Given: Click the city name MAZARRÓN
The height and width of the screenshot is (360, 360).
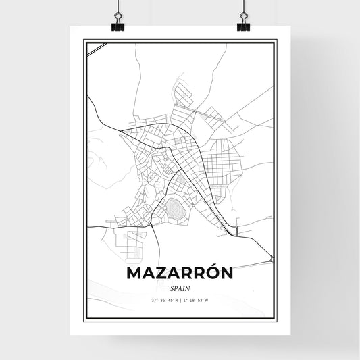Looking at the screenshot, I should tap(180, 273).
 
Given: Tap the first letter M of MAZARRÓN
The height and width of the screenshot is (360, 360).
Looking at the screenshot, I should tap(133, 273).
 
